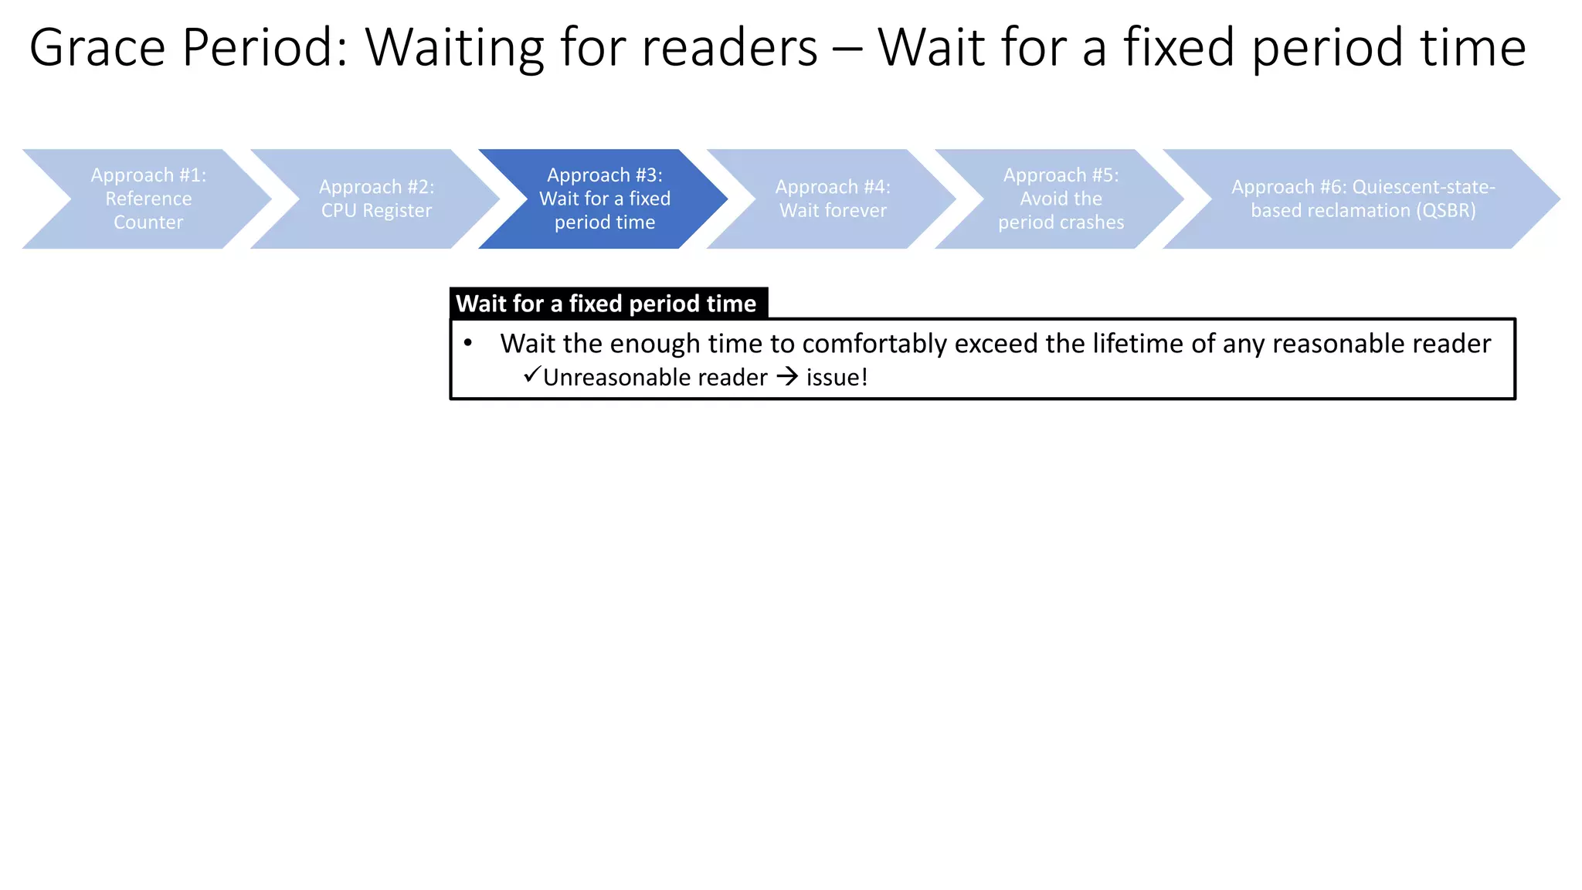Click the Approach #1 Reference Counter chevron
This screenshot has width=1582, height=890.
tap(148, 199)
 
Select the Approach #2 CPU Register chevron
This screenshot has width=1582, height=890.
tap(376, 199)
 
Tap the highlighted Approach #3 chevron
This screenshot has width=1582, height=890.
tap(604, 199)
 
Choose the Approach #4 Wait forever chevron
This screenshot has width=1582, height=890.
tap(833, 199)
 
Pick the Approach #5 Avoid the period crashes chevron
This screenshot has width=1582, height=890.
tap(1061, 199)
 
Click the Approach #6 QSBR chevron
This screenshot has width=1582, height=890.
tap(1363, 199)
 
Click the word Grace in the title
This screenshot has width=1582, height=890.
tap(97, 48)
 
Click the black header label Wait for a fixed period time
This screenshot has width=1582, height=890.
tap(606, 304)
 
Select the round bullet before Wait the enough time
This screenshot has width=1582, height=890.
tap(468, 342)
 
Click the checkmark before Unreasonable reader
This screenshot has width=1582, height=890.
tap(531, 375)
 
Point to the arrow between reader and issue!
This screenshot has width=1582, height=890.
tap(787, 377)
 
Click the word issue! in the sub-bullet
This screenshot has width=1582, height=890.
tap(837, 377)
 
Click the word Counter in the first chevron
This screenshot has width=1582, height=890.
tap(148, 222)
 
